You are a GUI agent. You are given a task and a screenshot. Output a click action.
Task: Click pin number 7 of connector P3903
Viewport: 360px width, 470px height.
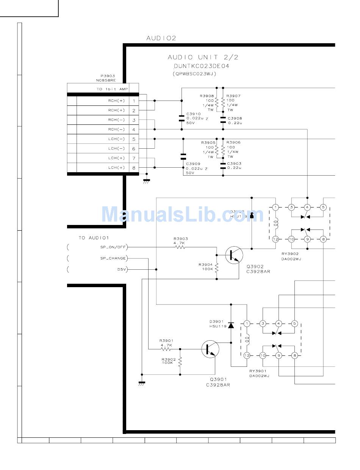134,158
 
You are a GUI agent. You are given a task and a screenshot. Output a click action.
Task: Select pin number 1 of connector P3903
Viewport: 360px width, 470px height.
134,101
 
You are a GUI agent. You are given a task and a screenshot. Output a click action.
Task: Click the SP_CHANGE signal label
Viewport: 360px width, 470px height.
113,258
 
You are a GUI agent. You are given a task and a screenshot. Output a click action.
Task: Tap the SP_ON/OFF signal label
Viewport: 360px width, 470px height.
113,247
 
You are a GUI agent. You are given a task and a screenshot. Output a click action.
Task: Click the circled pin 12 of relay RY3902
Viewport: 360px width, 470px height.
275,239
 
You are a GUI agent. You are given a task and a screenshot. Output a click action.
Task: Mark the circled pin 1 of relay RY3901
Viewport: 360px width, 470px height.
247,324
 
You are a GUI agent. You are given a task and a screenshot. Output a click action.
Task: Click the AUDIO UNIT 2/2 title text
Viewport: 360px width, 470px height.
203,58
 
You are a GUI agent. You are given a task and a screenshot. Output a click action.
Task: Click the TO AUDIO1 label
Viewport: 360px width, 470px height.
94,238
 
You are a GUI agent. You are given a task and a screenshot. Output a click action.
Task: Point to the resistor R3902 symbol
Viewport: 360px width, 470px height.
180,361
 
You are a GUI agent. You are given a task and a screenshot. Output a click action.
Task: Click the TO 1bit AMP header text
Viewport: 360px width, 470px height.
112,89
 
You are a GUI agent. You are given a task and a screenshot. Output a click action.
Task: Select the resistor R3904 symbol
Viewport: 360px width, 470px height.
216,268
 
